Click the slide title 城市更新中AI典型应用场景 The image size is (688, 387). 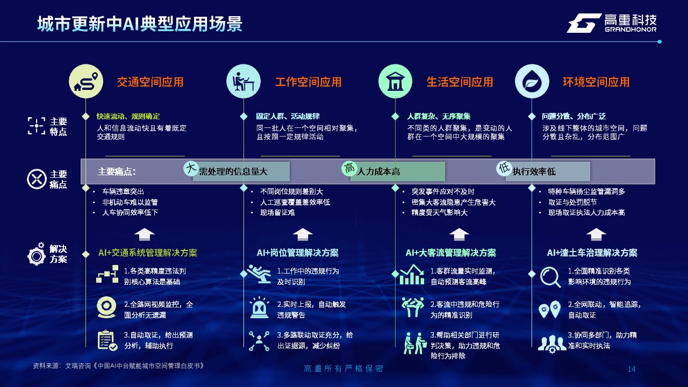coord(140,24)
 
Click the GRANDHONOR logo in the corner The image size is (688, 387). coord(612,23)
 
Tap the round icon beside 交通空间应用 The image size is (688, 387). coord(86,81)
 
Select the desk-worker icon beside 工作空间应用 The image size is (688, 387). coord(243,81)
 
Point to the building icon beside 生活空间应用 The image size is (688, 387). coord(395,81)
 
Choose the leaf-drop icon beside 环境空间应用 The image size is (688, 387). coord(532,81)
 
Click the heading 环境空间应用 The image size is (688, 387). coord(596,82)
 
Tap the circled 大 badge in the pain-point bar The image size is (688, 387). coord(191,168)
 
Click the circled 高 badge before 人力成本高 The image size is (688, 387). coord(349,168)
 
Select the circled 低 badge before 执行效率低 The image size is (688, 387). coord(504,168)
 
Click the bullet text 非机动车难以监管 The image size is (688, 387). coord(130,202)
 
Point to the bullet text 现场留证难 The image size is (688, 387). coord(278,212)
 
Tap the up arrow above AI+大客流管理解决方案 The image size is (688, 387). coord(459,234)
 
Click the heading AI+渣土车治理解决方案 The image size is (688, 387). coord(592,253)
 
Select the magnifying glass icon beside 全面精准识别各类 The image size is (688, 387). coord(550,277)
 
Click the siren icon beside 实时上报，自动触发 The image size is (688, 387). coord(260,307)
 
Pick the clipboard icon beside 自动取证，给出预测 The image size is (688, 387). coord(107,340)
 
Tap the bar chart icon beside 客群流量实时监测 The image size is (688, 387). coord(412,274)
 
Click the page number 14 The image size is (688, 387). coord(632,369)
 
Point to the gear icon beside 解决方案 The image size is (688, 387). coord(37,254)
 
